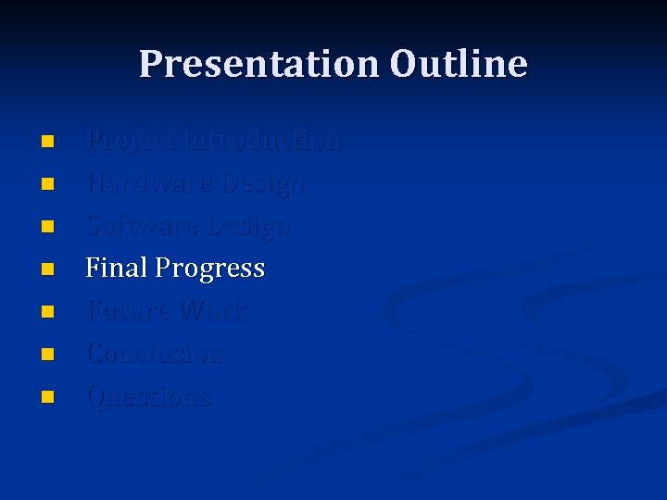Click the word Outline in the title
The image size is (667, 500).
click(x=459, y=64)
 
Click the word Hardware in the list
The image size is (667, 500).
click(x=150, y=183)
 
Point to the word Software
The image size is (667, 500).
click(x=144, y=226)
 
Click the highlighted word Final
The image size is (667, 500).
click(x=117, y=269)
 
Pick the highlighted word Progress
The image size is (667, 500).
click(x=210, y=269)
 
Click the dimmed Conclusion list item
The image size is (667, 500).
click(x=155, y=354)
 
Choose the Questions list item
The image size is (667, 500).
click(x=148, y=397)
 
